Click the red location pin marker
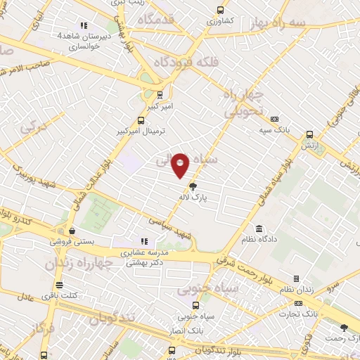[181, 165]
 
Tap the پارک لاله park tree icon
[193, 186]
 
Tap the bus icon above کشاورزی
[221, 11]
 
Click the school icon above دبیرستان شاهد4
[84, 24]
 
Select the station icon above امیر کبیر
[160, 94]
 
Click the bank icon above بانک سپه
[274, 119]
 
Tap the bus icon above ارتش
[309, 134]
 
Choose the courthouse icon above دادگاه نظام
[259, 229]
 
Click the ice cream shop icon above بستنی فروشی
[72, 230]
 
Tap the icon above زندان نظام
[296, 278]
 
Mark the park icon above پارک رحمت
[344, 328]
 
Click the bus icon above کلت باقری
[59, 285]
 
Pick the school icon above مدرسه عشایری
[145, 241]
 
